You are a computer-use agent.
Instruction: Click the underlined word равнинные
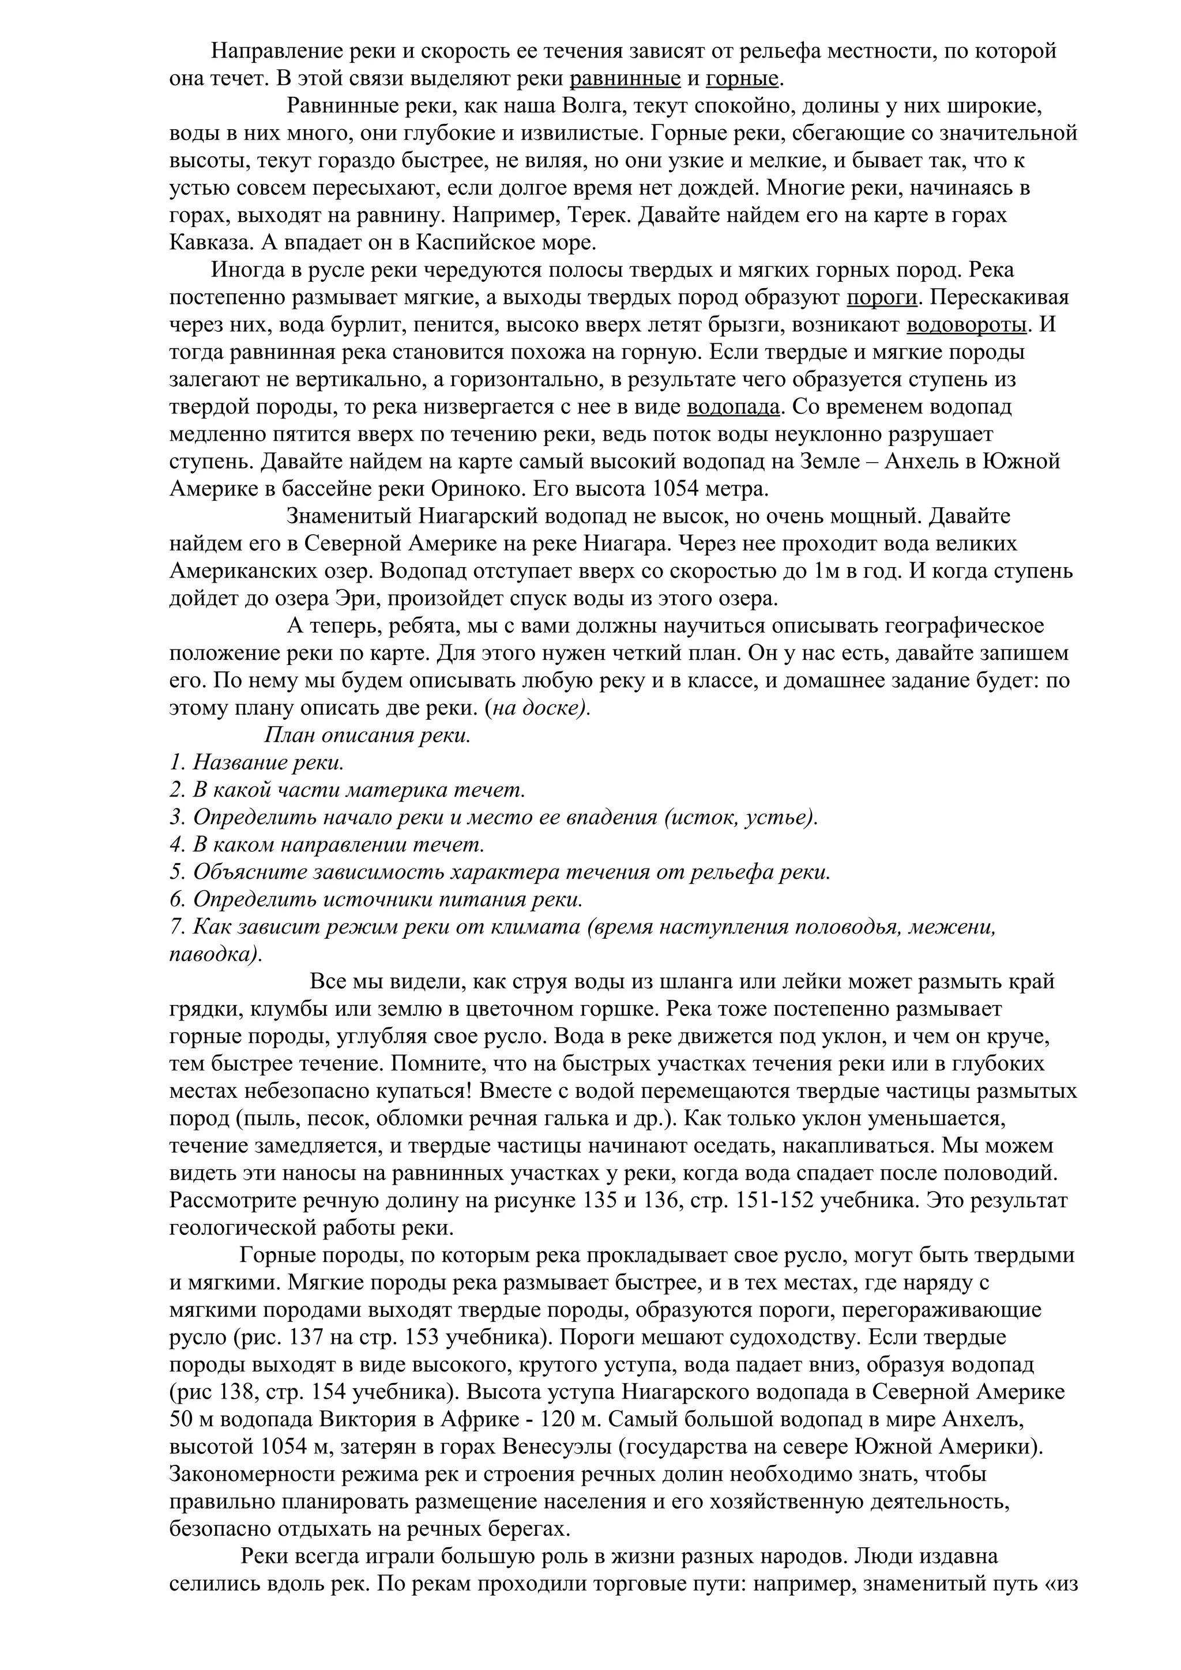(625, 78)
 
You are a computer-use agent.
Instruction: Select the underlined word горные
(742, 78)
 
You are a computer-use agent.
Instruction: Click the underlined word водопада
(734, 407)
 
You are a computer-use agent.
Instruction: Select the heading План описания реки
(367, 735)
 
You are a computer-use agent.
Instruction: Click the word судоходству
(800, 1338)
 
